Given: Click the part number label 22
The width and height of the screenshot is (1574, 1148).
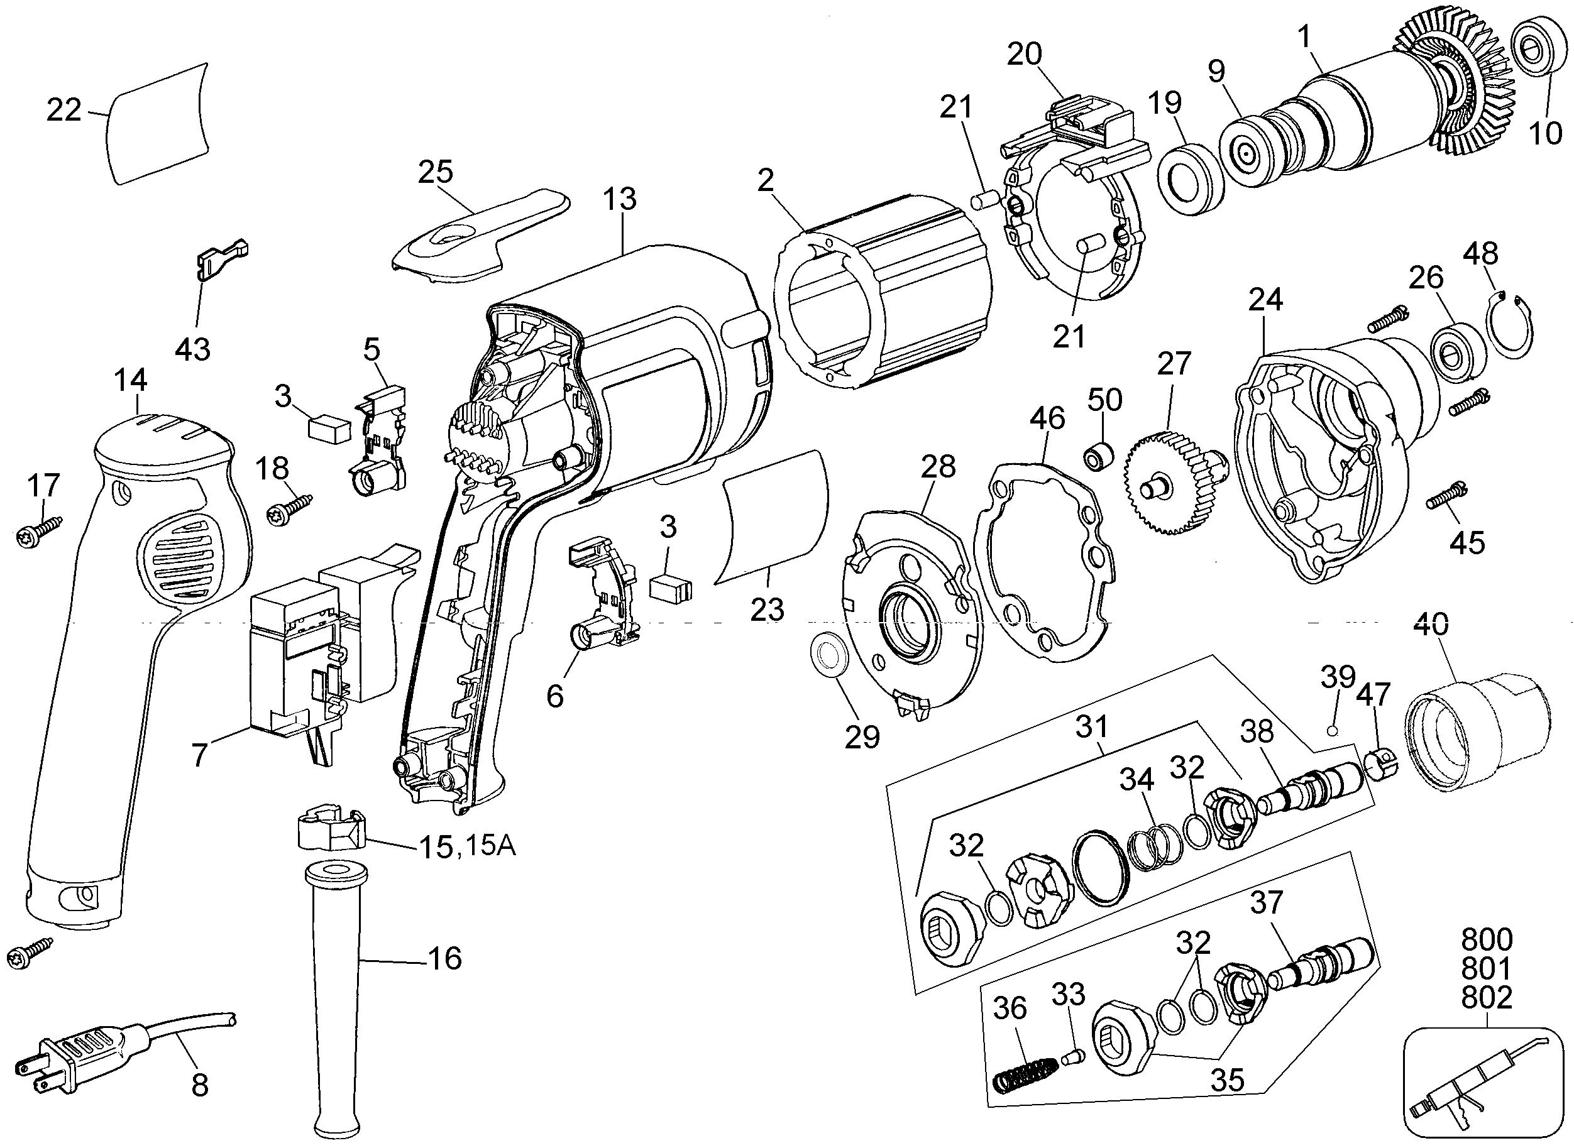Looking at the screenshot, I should click(64, 111).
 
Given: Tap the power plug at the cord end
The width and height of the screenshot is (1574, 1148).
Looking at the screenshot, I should click(84, 1050).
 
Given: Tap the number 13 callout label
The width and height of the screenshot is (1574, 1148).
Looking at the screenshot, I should click(619, 199).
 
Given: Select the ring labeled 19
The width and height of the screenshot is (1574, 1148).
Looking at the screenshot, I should click(1189, 186).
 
